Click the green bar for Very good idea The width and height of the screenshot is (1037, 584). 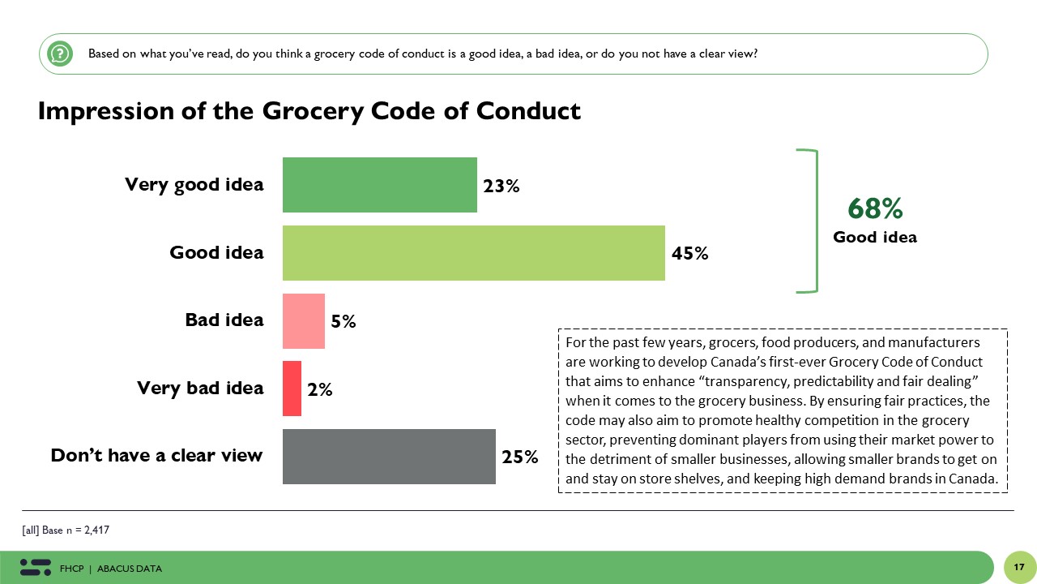[x=379, y=185]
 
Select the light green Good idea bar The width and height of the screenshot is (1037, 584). [x=473, y=253]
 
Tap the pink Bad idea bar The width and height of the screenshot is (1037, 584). [x=303, y=321]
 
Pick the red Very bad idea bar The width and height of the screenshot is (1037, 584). [x=292, y=389]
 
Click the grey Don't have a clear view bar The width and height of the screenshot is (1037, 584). [x=389, y=457]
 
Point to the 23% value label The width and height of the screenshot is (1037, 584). [x=501, y=186]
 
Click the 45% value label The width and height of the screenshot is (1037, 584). [x=690, y=253]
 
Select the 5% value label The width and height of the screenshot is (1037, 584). [x=344, y=321]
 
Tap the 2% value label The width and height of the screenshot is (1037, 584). [x=320, y=389]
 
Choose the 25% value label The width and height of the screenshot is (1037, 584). [x=520, y=457]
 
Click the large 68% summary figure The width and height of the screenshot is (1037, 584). [x=875, y=209]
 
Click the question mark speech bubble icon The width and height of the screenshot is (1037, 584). [x=60, y=54]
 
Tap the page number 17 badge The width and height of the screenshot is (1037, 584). [x=1018, y=567]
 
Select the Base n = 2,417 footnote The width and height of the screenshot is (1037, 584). [x=66, y=530]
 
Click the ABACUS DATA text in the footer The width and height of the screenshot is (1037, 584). [x=129, y=569]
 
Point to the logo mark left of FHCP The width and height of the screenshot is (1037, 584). [x=36, y=567]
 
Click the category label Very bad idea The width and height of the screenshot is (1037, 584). [x=200, y=389]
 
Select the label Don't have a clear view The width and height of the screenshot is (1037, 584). [x=156, y=455]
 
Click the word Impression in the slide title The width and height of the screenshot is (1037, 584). [x=100, y=110]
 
